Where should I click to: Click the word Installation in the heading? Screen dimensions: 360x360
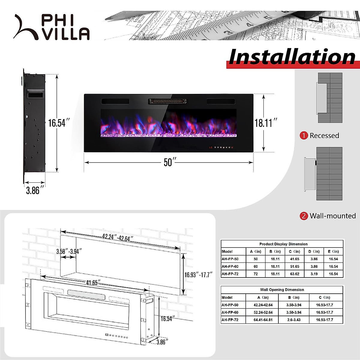292,57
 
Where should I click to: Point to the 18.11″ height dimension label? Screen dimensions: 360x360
265,123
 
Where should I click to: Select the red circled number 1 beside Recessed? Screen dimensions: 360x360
304,136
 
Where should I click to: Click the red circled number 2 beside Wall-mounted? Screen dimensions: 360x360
304,216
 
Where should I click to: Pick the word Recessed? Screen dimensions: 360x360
324,136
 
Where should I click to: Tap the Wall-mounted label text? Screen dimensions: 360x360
332,216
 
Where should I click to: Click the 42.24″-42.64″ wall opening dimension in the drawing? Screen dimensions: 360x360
118,238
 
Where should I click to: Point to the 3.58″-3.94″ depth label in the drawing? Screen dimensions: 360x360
69,251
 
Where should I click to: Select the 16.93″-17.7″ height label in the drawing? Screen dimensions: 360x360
198,275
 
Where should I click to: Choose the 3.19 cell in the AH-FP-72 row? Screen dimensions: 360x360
314,274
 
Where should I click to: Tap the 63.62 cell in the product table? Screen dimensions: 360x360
294,274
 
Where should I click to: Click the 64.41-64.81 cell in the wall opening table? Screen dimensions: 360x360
263,320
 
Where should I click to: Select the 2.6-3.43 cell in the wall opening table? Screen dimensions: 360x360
293,320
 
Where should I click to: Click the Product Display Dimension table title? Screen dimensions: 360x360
283,244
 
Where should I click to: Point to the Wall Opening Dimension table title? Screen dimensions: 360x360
282,290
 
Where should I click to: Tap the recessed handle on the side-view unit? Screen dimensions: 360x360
35,94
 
